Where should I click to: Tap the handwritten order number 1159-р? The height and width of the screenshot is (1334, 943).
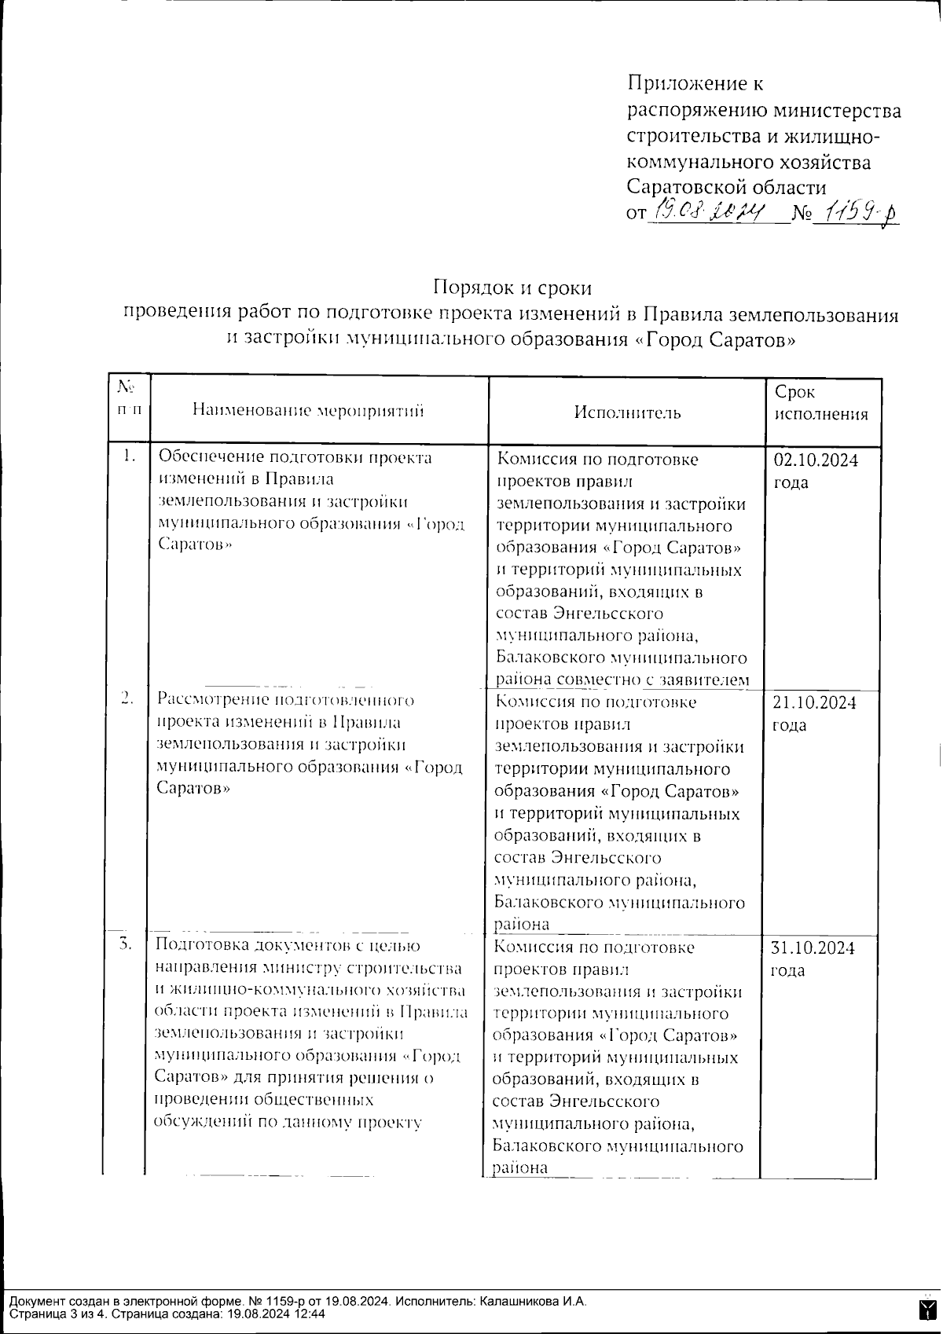(855, 211)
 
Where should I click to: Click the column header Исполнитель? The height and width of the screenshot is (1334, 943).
(627, 412)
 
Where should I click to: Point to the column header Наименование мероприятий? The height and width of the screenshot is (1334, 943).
(308, 410)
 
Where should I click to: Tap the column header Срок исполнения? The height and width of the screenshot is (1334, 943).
(821, 403)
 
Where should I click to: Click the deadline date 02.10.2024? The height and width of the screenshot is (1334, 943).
(816, 460)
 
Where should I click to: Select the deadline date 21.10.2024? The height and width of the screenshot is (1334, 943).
(814, 702)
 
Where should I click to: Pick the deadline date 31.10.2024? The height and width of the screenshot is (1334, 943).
(813, 947)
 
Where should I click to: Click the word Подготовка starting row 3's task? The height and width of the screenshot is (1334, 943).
(202, 945)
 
